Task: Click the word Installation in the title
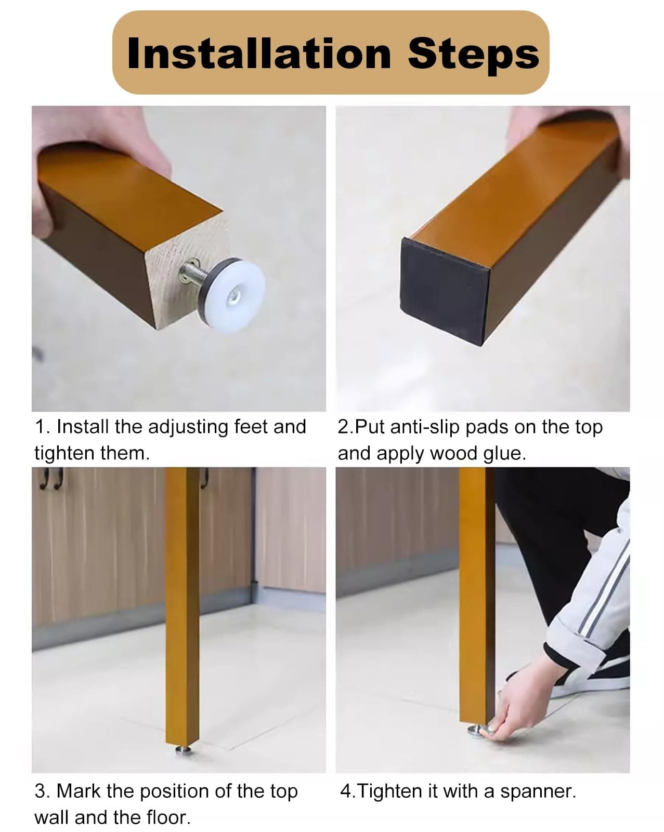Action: [x=259, y=54]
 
